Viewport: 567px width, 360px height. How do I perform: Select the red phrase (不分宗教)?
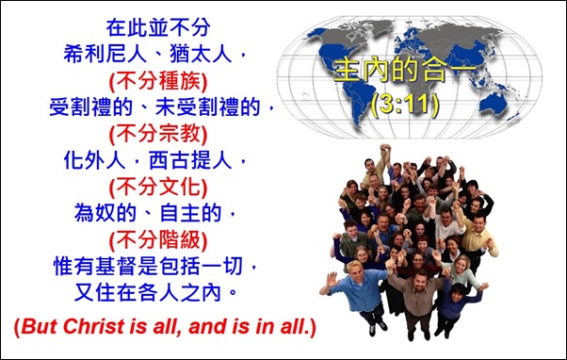click(158, 130)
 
